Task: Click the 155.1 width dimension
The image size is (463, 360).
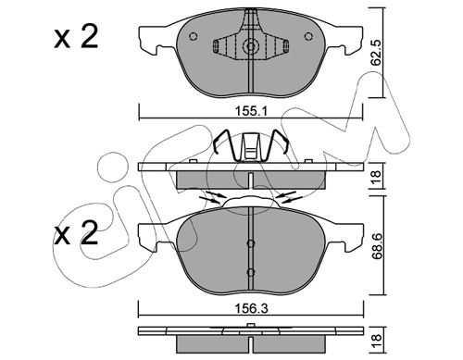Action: pos(251,111)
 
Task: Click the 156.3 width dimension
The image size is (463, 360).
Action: pos(251,308)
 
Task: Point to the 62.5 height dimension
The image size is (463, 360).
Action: pos(376,52)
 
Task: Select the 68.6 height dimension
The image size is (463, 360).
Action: pos(376,248)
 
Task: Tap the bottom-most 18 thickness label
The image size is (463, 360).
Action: pos(377,341)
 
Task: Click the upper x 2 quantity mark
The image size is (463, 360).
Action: pos(76,37)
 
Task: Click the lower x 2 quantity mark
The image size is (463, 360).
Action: pos(76,233)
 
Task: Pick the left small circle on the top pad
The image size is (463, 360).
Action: pos(194,36)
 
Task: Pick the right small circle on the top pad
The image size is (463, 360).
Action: pos(308,36)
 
